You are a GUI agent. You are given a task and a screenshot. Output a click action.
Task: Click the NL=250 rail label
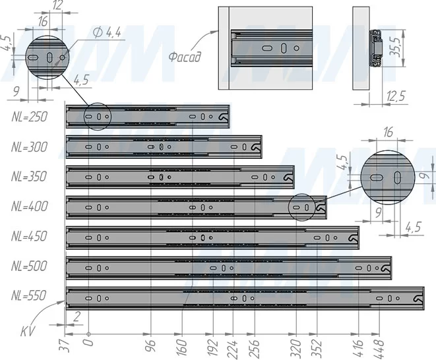tap(30, 117)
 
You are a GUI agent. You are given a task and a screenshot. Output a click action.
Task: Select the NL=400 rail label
tap(30, 206)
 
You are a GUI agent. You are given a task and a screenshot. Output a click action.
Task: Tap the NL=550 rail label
tap(29, 295)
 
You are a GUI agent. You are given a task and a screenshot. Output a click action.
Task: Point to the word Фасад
tap(184, 57)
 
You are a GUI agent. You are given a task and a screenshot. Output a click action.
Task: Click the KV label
tap(28, 331)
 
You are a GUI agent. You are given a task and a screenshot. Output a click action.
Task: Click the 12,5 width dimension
tap(396, 96)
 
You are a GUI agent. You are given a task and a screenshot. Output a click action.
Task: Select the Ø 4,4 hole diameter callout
tap(107, 33)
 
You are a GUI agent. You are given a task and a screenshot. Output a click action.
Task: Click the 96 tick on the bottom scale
tap(151, 345)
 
